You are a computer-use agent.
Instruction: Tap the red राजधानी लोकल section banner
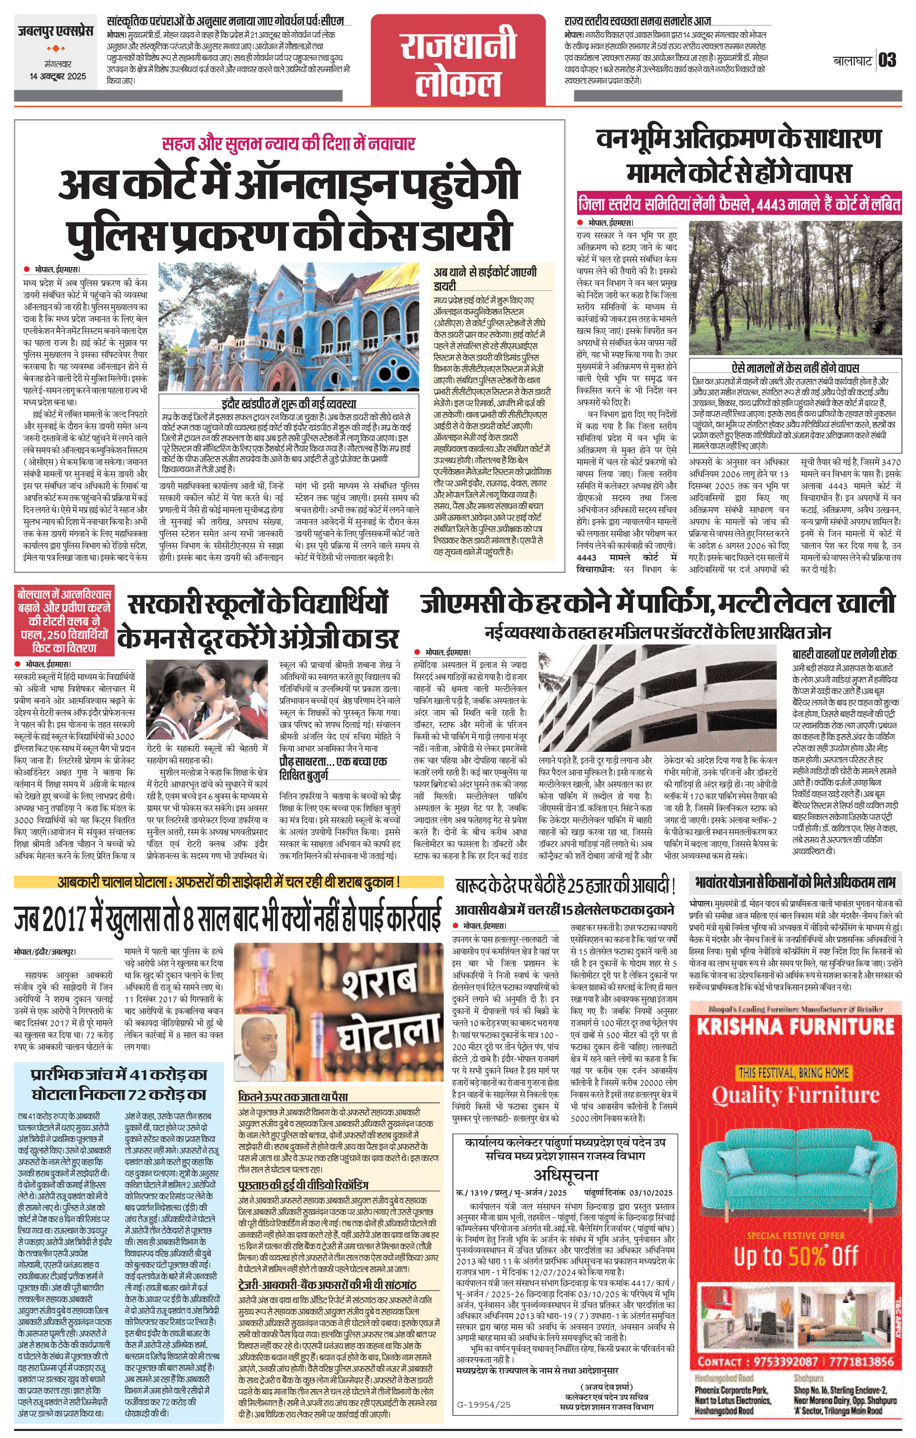458,60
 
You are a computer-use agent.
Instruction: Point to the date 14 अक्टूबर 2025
58,76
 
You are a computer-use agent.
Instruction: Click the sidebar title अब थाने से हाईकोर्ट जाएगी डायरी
485,279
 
